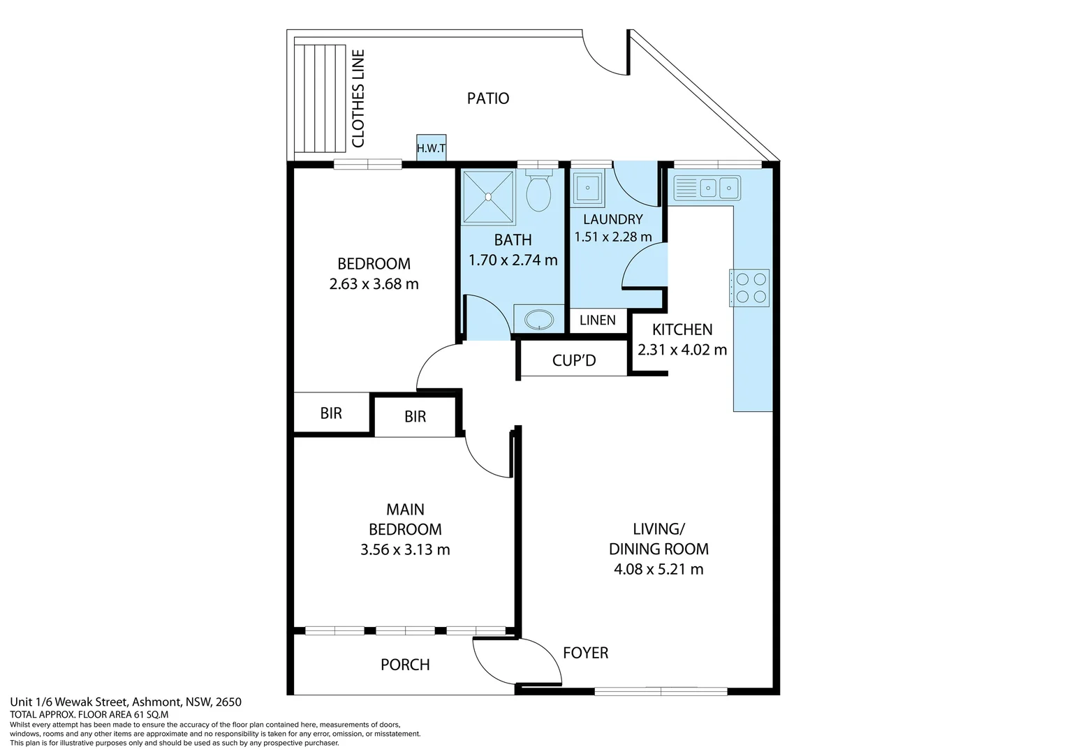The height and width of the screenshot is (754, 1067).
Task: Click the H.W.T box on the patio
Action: [x=431, y=148]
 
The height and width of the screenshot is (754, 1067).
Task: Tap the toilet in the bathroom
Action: [x=538, y=191]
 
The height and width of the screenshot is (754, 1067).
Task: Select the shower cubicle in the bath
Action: [x=487, y=196]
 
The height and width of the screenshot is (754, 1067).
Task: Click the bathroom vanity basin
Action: [x=538, y=320]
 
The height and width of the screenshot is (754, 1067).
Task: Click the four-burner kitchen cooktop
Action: [x=749, y=288]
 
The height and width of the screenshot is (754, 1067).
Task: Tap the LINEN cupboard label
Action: [x=598, y=320]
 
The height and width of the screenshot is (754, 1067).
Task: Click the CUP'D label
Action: [x=574, y=361]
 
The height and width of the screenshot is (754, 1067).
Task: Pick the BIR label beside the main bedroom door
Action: [x=415, y=417]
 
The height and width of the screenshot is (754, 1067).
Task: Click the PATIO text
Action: [x=488, y=98]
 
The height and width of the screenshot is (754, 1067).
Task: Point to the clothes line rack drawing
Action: [x=320, y=98]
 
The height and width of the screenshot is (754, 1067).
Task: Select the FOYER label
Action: [x=585, y=653]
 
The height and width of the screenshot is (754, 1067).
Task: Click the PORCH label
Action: [x=405, y=665]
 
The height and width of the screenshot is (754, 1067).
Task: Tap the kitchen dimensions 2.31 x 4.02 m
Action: [x=682, y=350]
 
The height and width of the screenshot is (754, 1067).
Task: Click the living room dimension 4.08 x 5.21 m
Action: [x=658, y=570]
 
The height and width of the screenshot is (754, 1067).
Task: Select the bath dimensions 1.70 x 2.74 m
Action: [x=513, y=260]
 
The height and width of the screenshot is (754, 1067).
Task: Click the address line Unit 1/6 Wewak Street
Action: [x=126, y=702]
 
